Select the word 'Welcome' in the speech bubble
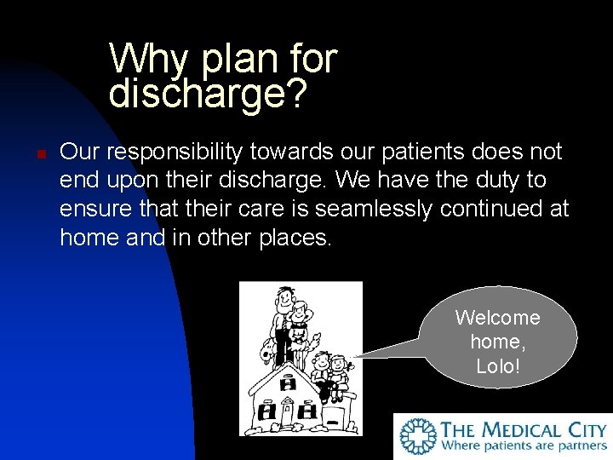[497, 318]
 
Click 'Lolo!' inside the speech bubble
[498, 366]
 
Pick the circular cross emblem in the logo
[419, 435]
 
